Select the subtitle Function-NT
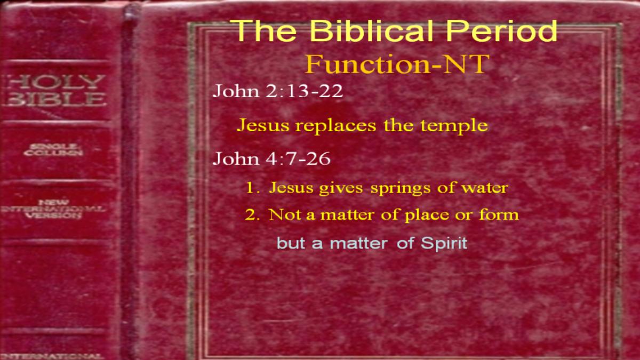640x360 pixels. click(397, 64)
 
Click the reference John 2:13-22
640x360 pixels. click(277, 91)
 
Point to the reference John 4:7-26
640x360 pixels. click(271, 158)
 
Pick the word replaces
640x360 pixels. click(335, 126)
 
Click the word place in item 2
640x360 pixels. click(427, 215)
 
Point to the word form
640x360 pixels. click(499, 214)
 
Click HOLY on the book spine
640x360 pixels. click(54, 82)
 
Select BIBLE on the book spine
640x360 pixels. click(54, 99)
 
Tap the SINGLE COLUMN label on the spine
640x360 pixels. click(53, 149)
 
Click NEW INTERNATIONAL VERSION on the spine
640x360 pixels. click(53, 209)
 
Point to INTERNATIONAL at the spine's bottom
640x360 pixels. click(51, 356)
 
